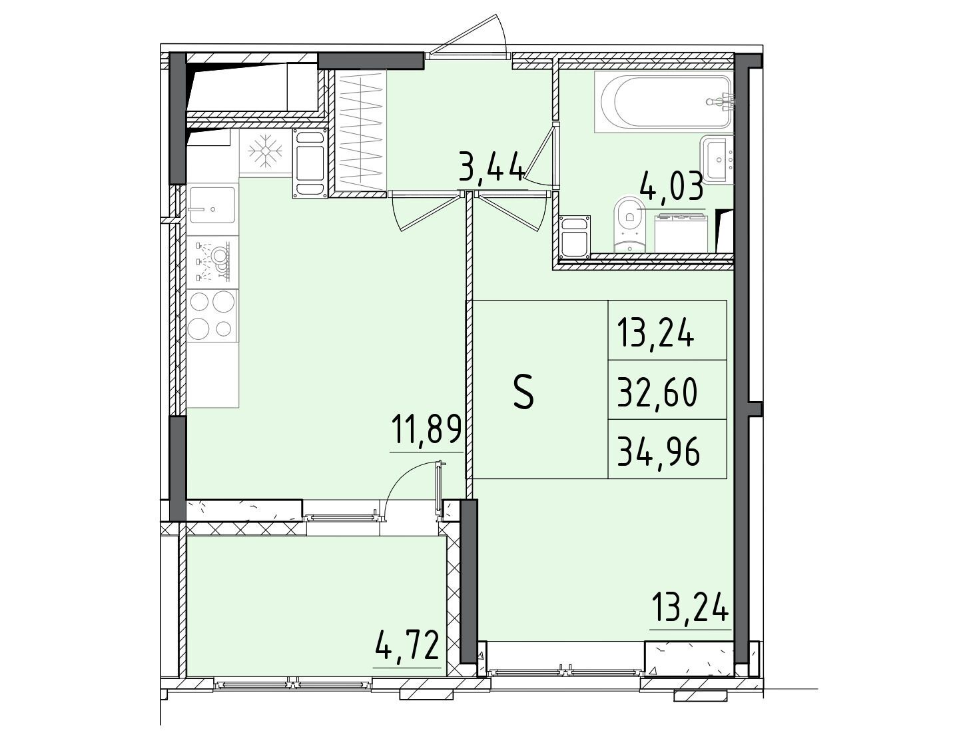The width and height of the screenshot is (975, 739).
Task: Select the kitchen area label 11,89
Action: pyautogui.click(x=426, y=429)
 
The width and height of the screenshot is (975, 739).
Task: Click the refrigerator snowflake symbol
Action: pyautogui.click(x=265, y=151)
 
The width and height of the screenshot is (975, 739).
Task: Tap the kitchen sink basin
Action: pyautogui.click(x=212, y=205)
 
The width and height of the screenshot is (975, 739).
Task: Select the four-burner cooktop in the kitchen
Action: pyautogui.click(x=212, y=315)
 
